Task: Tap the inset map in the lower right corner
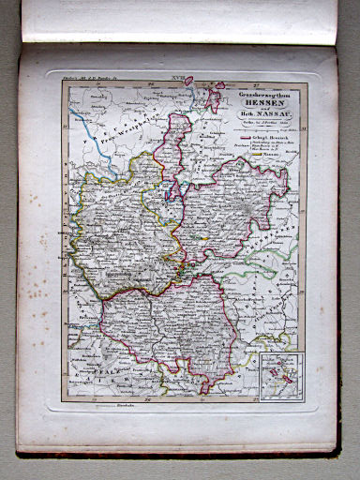click(281, 375)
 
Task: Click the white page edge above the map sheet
click(178, 23)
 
